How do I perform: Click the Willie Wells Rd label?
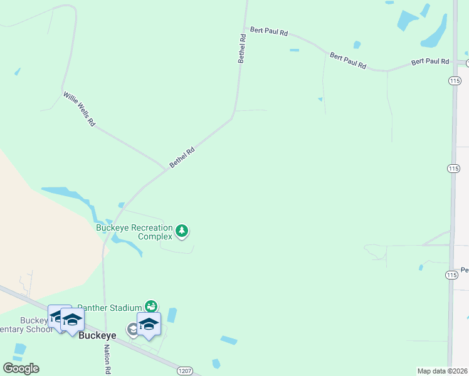[79, 110]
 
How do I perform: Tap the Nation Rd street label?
[107, 359]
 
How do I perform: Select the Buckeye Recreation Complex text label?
[134, 232]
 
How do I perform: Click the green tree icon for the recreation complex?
[182, 231]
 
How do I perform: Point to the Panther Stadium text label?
[110, 308]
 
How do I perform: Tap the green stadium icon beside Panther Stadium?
[151, 306]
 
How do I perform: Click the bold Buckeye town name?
[97, 335]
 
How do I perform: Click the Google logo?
[21, 368]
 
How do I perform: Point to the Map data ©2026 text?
[443, 371]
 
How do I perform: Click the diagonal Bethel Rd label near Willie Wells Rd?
[182, 157]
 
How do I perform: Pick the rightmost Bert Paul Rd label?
[430, 61]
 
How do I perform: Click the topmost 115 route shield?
[454, 81]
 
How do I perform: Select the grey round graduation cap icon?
[133, 329]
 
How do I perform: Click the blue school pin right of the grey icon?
[149, 324]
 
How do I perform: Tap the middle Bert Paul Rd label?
[348, 60]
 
